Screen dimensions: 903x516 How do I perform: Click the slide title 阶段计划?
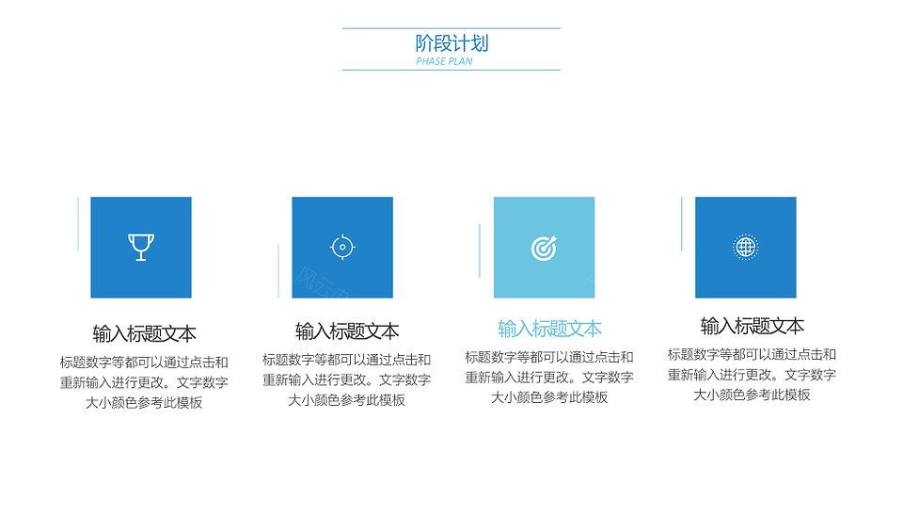pos(451,43)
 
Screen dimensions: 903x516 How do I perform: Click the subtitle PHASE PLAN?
pos(444,61)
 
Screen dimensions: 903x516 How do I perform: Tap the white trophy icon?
pos(141,248)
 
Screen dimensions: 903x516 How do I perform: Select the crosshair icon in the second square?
pos(342,248)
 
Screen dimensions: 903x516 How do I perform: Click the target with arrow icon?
pos(545,248)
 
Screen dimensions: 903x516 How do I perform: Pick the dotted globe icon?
pos(746,248)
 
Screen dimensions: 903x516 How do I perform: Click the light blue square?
pos(545,248)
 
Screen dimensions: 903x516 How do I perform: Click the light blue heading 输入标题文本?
pos(549,329)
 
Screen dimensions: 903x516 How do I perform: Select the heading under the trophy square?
pos(144,334)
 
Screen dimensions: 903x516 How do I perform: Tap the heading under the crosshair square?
pos(347,331)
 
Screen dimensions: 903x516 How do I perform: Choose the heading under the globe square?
pos(752,327)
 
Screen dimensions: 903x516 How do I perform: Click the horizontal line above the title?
pos(451,28)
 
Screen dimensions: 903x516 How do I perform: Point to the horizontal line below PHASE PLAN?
pos(451,71)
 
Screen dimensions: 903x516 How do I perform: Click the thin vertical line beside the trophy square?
pos(78,224)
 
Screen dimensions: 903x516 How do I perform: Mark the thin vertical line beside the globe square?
pos(681,224)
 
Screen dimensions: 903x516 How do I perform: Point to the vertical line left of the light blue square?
pos(480,250)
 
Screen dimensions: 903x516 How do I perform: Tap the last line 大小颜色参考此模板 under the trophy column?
pos(144,402)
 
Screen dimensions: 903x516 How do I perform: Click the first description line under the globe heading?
pos(752,355)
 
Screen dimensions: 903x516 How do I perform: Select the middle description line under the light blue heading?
pos(549,378)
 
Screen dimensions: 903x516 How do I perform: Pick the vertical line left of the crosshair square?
pos(278,271)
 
